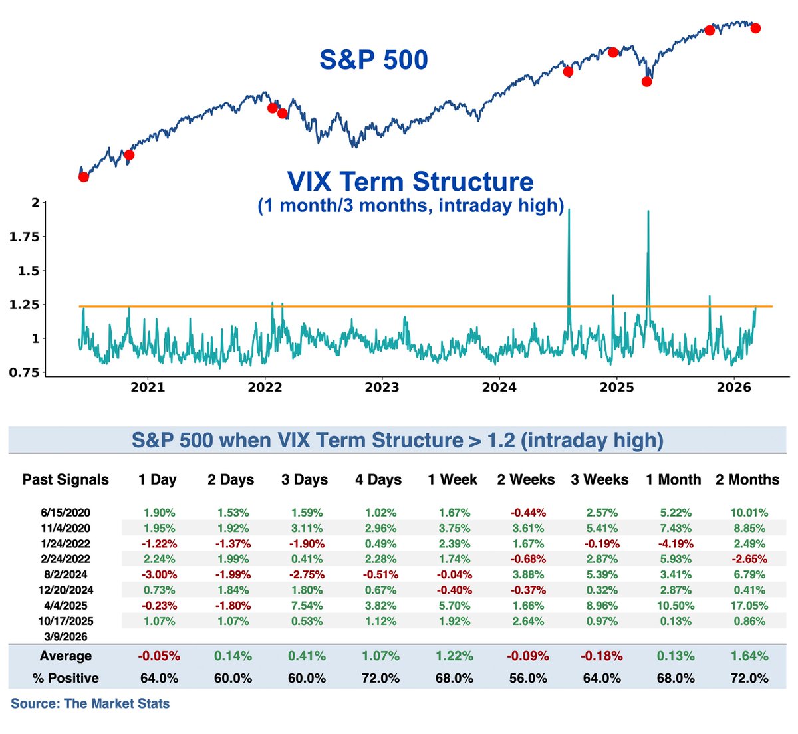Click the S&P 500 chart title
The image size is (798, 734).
tap(374, 60)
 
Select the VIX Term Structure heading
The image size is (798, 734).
tap(410, 182)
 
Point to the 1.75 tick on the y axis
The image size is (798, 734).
tap(24, 237)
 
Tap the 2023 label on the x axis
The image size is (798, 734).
tap(382, 387)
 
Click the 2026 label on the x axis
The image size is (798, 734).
tap(734, 387)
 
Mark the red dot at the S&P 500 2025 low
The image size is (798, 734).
tap(646, 82)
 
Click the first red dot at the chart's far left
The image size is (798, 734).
tap(83, 176)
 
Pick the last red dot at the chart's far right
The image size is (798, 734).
tap(755, 28)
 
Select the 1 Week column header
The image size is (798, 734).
tap(452, 479)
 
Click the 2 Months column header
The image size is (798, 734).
tap(747, 479)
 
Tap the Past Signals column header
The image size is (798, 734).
tap(65, 479)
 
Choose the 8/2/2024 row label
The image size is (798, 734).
tap(65, 574)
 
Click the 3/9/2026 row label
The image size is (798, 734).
tap(65, 636)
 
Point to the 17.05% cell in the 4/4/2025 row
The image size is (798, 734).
tap(749, 606)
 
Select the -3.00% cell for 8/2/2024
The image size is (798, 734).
tap(159, 574)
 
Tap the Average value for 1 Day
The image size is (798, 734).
tap(159, 656)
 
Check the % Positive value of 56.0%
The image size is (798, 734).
tap(526, 678)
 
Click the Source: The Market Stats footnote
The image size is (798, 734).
tap(90, 703)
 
